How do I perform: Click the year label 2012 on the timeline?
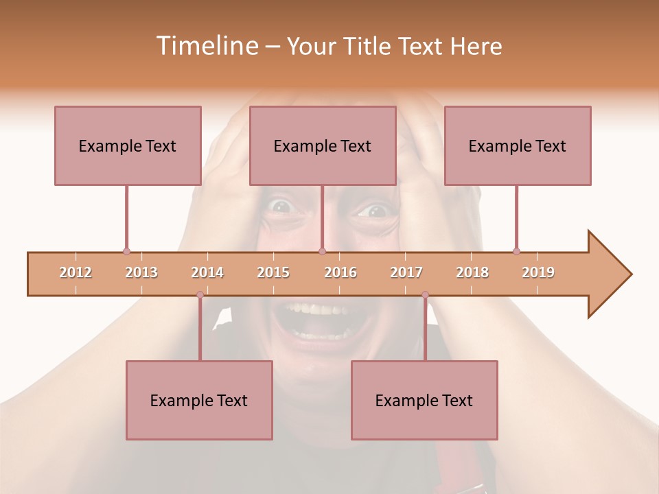point(76,272)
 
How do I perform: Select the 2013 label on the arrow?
point(141,272)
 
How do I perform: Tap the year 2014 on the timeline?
point(207,272)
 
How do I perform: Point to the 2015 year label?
point(273,272)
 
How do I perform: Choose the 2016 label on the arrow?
point(340,272)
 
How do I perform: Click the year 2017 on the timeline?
point(406,272)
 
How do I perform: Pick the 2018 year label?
point(472,272)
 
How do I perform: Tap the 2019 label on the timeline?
point(538,272)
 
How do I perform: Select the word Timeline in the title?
point(206,46)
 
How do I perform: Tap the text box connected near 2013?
point(128,145)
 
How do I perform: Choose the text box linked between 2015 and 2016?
point(323,145)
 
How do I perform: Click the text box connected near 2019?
point(518,145)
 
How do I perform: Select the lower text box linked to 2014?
point(199,400)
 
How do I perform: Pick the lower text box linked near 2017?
point(424,400)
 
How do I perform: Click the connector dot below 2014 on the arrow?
point(200,294)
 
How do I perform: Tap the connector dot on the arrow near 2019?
point(516,251)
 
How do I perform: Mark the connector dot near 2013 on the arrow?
point(126,251)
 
